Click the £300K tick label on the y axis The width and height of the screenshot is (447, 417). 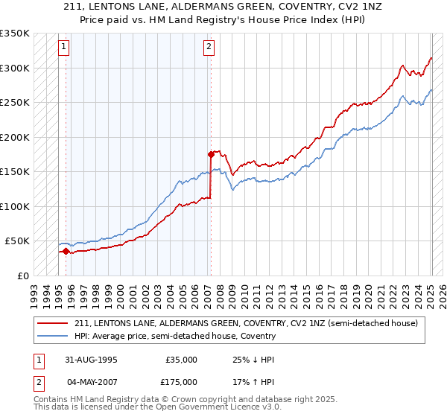click(x=15, y=68)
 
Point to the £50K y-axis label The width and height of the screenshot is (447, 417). click(x=17, y=241)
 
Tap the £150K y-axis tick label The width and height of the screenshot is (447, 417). click(x=15, y=172)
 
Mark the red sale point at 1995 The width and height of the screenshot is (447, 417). click(x=66, y=251)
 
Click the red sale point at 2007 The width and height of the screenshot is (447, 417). click(x=211, y=154)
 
